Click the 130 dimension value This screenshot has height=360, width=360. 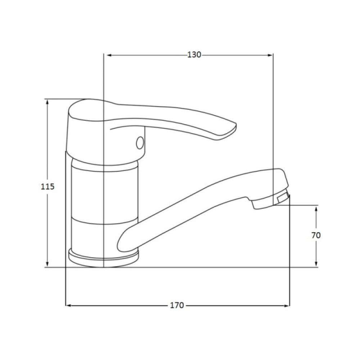coord(194,55)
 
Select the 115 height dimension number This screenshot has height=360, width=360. coord(48,186)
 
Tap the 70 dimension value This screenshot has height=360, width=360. coord(316,235)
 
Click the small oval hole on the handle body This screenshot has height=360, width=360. coord(140,143)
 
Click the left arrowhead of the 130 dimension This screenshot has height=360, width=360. coord(109,55)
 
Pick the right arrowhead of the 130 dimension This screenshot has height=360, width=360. coord(270,55)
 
